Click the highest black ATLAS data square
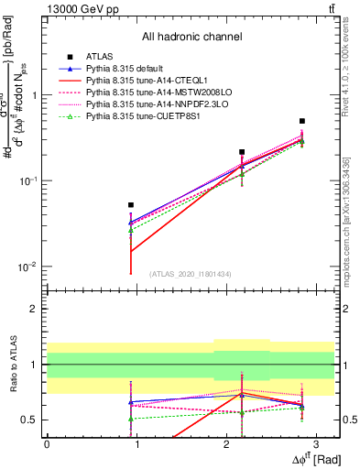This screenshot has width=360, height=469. tap(302, 121)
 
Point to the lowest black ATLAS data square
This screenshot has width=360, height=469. tap(131, 205)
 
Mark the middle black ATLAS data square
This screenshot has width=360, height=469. tap(242, 152)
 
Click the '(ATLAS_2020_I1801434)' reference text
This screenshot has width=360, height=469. tap(190, 274)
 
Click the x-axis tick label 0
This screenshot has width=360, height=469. tap(47, 443)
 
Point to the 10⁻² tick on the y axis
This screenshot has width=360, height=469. tap(30, 267)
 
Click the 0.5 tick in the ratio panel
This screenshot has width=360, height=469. tap(33, 420)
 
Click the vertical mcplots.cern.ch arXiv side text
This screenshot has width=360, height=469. tap(352, 220)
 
